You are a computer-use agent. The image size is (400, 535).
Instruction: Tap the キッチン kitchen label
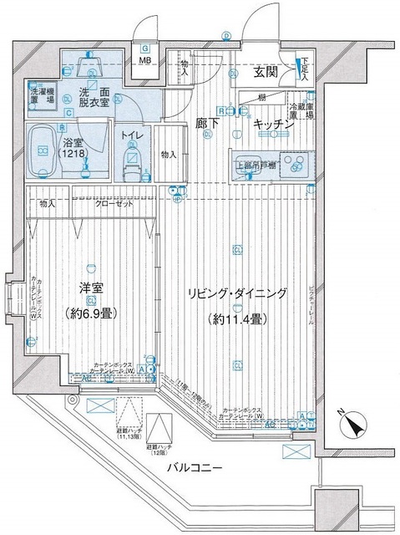coord(271,124)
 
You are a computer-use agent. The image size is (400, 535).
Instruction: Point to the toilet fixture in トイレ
coord(132,159)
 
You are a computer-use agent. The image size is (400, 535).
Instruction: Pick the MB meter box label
coord(144,61)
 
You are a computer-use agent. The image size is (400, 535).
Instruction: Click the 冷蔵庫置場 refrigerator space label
coord(302,112)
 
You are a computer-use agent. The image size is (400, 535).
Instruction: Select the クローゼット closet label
coord(111,203)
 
